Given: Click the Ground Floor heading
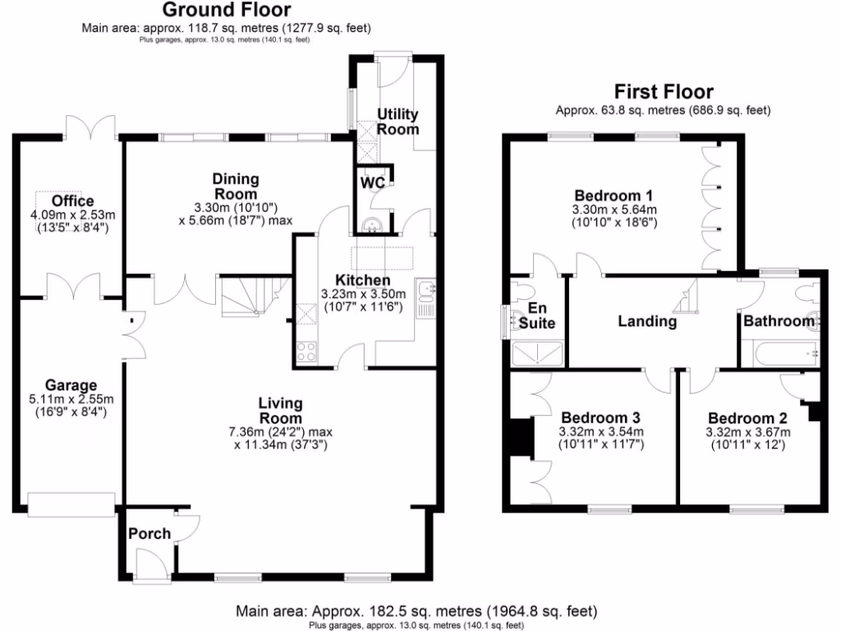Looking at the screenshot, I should click(226, 11).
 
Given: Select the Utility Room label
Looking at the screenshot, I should click(398, 122).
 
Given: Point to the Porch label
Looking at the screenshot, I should click(149, 534).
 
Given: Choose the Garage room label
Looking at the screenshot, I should click(71, 385).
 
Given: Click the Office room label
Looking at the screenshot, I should click(72, 201).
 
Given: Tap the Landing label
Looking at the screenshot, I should click(647, 322).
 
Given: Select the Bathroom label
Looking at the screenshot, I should click(779, 321).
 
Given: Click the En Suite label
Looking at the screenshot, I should click(537, 315).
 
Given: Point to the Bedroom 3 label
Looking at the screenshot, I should click(600, 417).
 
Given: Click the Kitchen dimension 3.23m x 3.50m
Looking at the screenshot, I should click(362, 293).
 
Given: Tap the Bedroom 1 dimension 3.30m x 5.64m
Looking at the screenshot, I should click(614, 210).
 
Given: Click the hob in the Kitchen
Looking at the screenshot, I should click(307, 352).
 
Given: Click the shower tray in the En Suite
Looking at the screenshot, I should click(537, 354).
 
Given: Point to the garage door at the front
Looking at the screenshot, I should click(71, 504).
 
